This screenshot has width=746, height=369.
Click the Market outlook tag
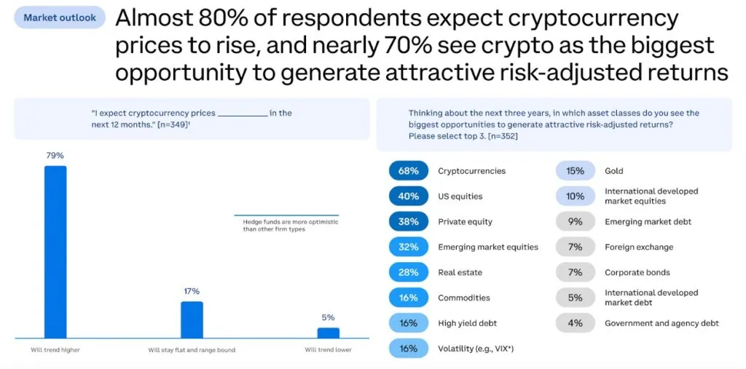pyautogui.click(x=60, y=17)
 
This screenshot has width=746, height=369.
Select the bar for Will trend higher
pyautogui.click(x=55, y=251)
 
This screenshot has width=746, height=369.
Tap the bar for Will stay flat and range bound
pyautogui.click(x=192, y=320)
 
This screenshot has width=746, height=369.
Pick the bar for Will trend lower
pyautogui.click(x=328, y=333)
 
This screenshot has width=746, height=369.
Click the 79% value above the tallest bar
pyautogui.click(x=55, y=156)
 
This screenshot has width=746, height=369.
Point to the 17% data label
pyautogui.click(x=192, y=291)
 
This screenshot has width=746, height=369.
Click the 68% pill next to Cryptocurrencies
pyautogui.click(x=408, y=171)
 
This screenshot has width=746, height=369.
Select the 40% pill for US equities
pyautogui.click(x=408, y=197)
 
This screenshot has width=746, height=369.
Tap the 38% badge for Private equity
pyautogui.click(x=408, y=221)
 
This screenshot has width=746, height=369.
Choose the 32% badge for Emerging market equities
pyautogui.click(x=408, y=247)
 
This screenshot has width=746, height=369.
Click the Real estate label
pyautogui.click(x=460, y=272)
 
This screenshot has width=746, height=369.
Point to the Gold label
pyautogui.click(x=613, y=171)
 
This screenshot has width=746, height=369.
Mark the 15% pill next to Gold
pyautogui.click(x=575, y=171)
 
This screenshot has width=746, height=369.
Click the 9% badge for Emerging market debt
pyautogui.click(x=575, y=221)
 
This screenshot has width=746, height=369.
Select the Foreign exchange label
pyautogui.click(x=638, y=247)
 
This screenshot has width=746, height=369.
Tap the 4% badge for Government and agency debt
pyautogui.click(x=575, y=323)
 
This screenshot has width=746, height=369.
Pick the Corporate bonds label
pyautogui.click(x=636, y=272)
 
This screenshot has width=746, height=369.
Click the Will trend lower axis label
pyautogui.click(x=328, y=350)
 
